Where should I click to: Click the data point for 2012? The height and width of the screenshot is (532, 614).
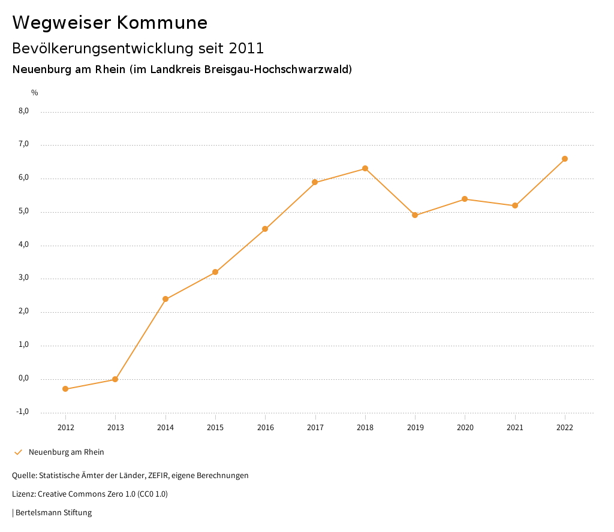65,389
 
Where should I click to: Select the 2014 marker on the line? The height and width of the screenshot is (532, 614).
165,299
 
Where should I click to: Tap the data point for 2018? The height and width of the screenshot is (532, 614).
365,168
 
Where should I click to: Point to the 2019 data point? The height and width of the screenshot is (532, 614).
415,215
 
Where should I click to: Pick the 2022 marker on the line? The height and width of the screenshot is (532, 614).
565,159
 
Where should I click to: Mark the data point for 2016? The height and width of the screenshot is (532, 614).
265,229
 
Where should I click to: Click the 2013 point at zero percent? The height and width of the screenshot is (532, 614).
115,379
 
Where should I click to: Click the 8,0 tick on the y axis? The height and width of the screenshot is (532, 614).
24,111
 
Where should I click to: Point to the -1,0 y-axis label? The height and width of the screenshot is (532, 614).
23,412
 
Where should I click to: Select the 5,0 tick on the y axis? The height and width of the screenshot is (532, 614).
24,211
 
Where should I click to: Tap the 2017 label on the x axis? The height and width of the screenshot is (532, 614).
315,427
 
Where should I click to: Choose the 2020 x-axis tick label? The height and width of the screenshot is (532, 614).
465,427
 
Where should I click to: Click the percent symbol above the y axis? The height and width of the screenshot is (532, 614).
35,93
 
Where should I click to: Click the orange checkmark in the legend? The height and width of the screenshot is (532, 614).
18,452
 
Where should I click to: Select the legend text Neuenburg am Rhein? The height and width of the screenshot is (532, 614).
66,452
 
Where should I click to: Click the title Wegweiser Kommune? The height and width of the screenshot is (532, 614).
110,23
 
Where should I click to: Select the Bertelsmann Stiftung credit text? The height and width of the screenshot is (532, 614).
53,513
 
